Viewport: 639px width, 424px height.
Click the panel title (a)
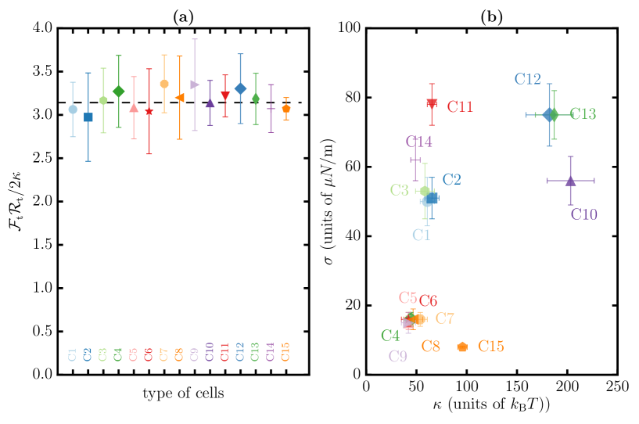179,16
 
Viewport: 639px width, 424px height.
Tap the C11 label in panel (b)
460,107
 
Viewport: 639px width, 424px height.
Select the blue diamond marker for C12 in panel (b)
548,114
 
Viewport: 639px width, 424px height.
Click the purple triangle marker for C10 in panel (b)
570,181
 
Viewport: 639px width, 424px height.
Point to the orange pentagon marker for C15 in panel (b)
462,347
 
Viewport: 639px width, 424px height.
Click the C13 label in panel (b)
583,115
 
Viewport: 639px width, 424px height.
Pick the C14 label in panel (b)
419,142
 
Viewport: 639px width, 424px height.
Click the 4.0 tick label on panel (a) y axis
41,29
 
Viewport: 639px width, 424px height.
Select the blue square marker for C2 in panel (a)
88,117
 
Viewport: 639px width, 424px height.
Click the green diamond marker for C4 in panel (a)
118,92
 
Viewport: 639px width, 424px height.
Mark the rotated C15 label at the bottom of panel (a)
286,352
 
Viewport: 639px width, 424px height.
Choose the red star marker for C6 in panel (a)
149,111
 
